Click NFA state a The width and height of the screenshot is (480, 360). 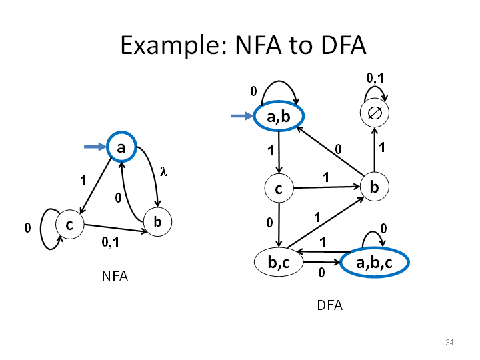[x=121, y=147]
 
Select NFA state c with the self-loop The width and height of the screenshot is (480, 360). [x=70, y=225]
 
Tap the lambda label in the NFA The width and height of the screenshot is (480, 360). [x=164, y=171]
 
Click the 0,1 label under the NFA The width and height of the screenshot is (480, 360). [x=111, y=242]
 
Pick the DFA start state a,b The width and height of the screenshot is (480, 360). [x=279, y=116]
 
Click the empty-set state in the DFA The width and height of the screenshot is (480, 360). [x=375, y=113]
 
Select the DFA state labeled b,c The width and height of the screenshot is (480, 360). [x=279, y=262]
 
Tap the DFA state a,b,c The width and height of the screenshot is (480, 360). [x=375, y=263]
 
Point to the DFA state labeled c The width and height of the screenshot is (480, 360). [x=279, y=188]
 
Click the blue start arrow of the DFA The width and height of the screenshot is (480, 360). [x=242, y=116]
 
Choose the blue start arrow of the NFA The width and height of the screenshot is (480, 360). [x=95, y=147]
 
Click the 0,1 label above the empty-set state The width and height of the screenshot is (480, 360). [x=375, y=78]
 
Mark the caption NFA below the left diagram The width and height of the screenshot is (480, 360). [x=115, y=276]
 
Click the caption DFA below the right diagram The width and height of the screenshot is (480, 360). [x=330, y=305]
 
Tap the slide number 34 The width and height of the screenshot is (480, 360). [x=449, y=342]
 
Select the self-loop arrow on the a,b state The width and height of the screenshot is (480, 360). [x=279, y=81]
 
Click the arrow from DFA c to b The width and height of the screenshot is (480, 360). [x=327, y=187]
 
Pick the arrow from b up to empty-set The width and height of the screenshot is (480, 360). [x=375, y=150]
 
